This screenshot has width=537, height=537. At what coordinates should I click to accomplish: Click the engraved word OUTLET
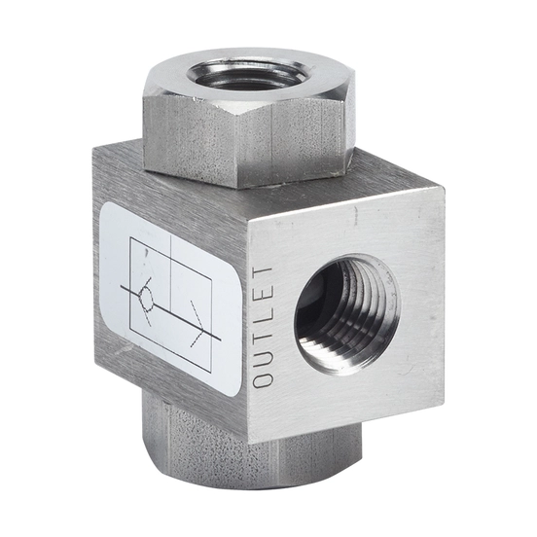pyautogui.click(x=263, y=325)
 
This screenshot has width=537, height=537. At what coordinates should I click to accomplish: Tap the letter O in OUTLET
pyautogui.click(x=263, y=377)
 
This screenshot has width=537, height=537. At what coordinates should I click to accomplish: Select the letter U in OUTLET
pyautogui.click(x=263, y=356)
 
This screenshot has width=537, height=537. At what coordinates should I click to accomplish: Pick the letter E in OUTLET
pyautogui.click(x=263, y=293)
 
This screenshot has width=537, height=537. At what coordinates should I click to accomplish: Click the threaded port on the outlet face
pyautogui.click(x=346, y=314)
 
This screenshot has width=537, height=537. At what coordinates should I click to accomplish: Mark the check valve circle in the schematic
pyautogui.click(x=147, y=299)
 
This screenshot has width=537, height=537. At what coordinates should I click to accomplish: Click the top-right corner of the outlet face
pyautogui.click(x=444, y=186)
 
